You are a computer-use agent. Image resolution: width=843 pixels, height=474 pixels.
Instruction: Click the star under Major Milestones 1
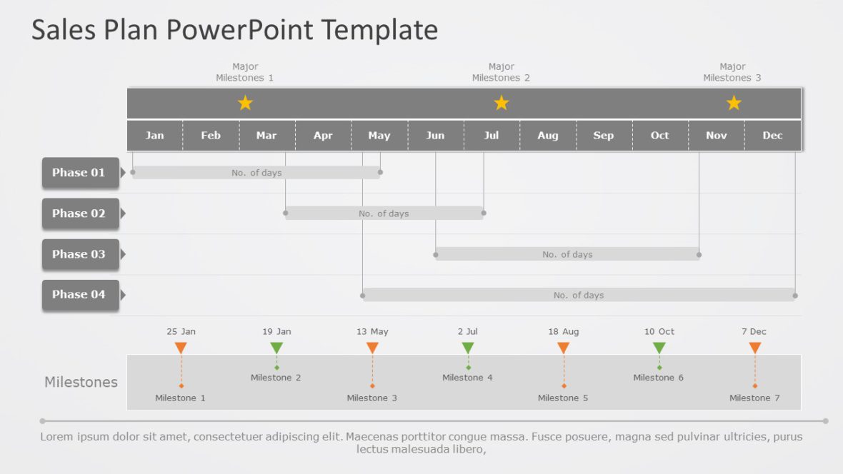[245, 102]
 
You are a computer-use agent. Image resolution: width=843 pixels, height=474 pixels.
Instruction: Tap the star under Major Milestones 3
[734, 102]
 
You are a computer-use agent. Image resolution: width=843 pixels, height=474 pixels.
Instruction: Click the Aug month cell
[548, 136]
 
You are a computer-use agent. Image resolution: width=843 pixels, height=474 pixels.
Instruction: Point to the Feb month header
[211, 136]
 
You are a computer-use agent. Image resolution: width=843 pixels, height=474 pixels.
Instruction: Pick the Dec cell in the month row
[772, 136]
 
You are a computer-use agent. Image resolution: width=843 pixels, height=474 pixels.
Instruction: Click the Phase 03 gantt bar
[567, 254]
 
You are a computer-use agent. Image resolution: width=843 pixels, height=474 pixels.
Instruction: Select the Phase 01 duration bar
[256, 173]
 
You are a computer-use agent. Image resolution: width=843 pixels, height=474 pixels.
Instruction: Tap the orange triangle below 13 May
[372, 348]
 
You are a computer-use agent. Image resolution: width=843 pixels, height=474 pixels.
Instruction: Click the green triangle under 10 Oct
[659, 348]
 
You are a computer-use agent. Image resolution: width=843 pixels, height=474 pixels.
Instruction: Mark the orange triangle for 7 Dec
[755, 348]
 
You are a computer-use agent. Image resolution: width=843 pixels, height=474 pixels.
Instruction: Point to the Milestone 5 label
[563, 398]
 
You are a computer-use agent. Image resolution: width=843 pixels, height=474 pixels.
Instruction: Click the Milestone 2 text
[276, 378]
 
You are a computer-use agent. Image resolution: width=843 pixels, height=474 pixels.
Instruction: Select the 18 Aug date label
[564, 331]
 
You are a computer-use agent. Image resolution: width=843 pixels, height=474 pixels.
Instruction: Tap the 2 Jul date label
[468, 331]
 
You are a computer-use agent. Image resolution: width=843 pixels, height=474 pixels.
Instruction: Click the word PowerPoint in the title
[240, 30]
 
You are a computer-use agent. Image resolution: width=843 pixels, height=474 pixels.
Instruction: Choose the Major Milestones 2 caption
[501, 72]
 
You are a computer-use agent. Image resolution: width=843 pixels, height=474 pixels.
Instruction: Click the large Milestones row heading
[81, 382]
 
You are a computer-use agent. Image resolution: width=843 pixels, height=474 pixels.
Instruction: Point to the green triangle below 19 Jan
[276, 348]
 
